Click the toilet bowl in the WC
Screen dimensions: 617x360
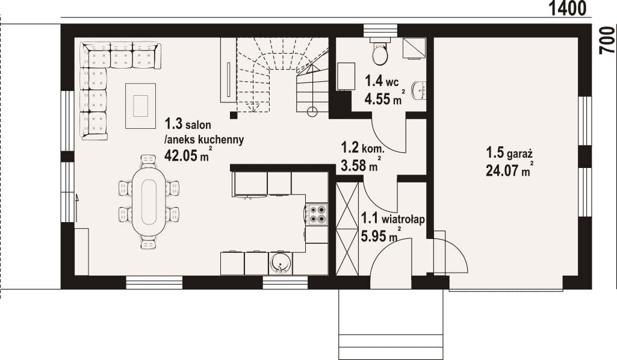coord(380,53)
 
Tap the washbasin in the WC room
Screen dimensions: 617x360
coord(419,91)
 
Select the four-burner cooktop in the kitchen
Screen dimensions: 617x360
coord(317,214)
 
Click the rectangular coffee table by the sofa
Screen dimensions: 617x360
coord(140,105)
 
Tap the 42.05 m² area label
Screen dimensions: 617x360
coord(187,155)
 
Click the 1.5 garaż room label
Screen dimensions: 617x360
coord(509,152)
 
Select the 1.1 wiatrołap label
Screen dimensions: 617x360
coord(392,219)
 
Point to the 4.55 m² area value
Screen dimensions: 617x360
coord(384,98)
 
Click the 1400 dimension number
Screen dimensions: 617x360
coord(567,8)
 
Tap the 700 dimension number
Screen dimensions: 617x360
coord(607,40)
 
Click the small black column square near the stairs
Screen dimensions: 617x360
coord(234,115)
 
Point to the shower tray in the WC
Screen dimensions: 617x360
coord(414,48)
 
